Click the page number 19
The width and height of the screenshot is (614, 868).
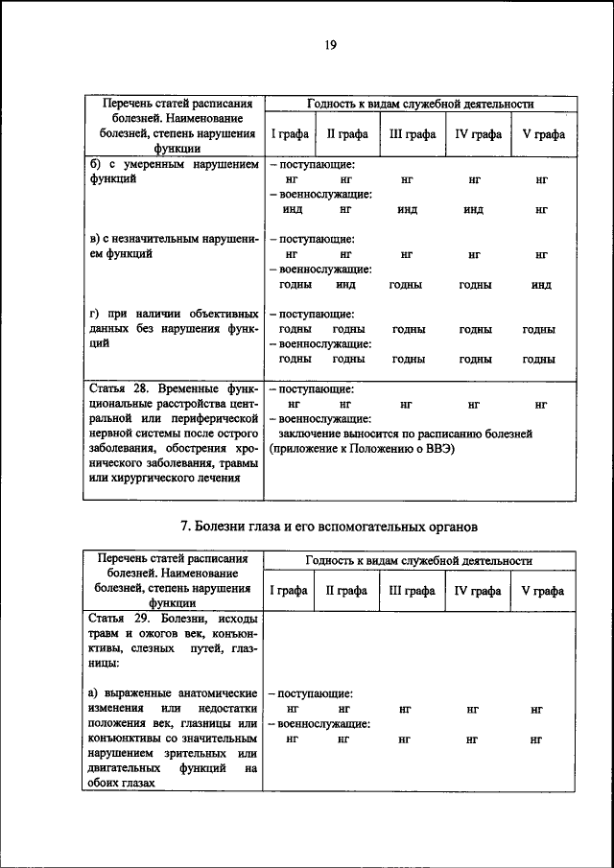(x=329, y=45)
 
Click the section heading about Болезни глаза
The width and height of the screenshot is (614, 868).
(x=329, y=527)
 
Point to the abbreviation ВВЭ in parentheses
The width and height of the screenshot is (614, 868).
(x=436, y=448)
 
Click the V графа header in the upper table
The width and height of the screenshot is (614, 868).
(x=543, y=134)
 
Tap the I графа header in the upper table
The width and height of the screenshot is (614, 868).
(x=288, y=134)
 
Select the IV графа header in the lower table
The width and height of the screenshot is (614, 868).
(x=477, y=591)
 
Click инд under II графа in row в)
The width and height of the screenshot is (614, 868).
(x=346, y=284)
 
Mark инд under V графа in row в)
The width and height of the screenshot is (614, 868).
(x=540, y=285)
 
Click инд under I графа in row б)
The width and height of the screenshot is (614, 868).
(x=292, y=209)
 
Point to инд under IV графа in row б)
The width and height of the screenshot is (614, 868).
(x=473, y=210)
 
